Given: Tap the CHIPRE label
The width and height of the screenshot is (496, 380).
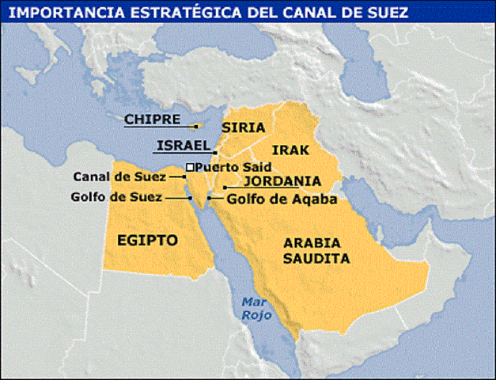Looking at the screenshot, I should (x=147, y=119).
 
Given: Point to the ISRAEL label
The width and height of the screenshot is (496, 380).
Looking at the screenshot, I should (x=182, y=145).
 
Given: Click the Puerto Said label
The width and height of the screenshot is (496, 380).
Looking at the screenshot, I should (x=233, y=167).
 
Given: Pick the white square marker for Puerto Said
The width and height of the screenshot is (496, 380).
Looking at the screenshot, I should (x=190, y=167).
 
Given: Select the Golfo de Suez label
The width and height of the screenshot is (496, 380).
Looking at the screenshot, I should (x=127, y=196).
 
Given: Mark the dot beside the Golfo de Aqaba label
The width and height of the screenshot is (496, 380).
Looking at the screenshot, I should (x=209, y=197).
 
